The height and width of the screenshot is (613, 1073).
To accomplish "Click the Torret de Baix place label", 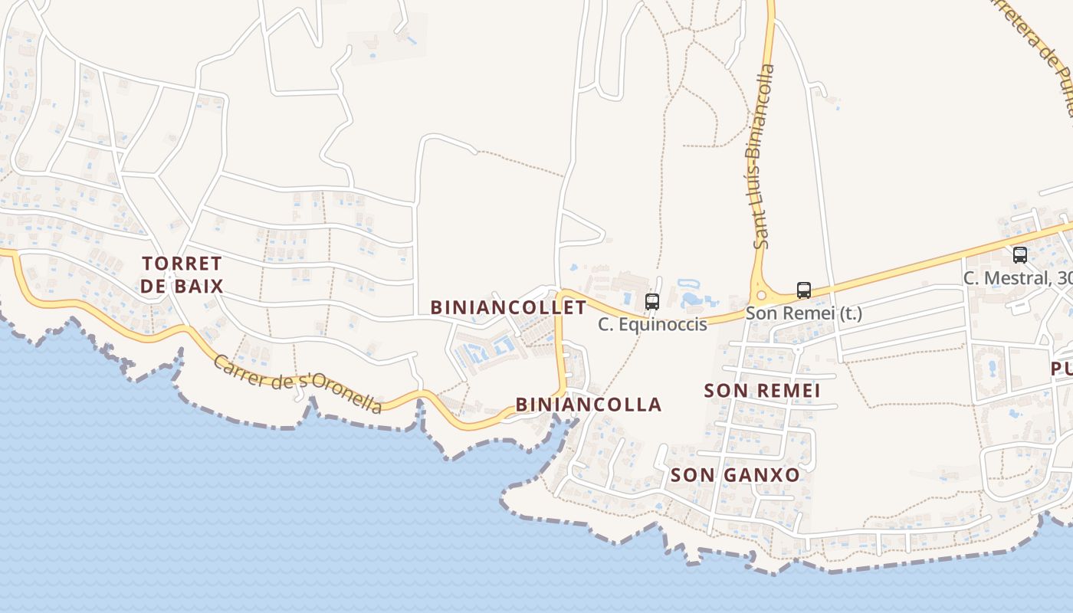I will [182, 275].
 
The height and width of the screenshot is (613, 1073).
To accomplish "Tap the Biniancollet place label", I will [508, 308].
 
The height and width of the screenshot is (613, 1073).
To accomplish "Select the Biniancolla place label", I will [588, 405].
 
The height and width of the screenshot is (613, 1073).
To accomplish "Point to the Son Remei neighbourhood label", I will [762, 391].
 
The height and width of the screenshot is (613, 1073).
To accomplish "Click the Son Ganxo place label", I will [735, 475].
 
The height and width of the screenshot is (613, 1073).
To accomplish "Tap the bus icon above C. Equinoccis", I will [651, 302].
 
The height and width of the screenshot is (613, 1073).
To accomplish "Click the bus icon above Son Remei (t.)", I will [803, 290].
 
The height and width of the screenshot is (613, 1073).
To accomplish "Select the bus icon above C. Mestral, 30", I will [1019, 255].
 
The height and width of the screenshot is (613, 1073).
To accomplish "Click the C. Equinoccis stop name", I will [652, 325].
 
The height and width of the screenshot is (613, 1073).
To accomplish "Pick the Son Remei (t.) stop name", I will [804, 313].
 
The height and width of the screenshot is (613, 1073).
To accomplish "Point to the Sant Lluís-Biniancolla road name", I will [763, 156].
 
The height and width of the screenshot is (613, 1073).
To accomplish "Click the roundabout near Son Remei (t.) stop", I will [761, 294].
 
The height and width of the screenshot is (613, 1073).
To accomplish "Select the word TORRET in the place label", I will [182, 264].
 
